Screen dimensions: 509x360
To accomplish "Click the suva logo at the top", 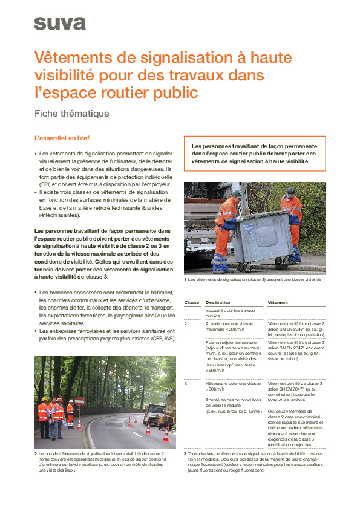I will [x=59, y=24].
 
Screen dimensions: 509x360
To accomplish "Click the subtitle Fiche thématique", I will [x=71, y=114].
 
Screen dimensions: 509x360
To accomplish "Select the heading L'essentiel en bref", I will [x=62, y=138].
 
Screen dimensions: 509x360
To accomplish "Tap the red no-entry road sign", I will [x=79, y=401].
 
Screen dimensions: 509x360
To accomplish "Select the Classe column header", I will [x=192, y=302].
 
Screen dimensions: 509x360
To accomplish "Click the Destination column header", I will [x=217, y=302].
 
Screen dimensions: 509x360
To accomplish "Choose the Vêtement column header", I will [x=278, y=302].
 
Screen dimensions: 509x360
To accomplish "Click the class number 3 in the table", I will [x=186, y=384].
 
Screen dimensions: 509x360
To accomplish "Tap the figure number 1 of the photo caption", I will [x=185, y=280].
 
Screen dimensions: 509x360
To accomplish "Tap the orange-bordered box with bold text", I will [x=254, y=154].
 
